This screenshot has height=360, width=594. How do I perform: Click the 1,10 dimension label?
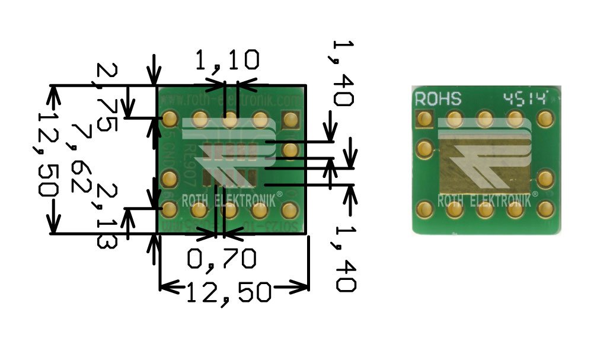pos(227,60)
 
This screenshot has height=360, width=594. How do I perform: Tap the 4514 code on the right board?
pos(522,98)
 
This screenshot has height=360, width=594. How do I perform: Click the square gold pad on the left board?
pos(290,120)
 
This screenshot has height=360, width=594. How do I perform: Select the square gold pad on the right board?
pos(424,119)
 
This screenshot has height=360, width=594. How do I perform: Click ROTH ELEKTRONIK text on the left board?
pos(228,200)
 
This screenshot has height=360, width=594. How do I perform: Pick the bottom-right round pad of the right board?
pos(545,208)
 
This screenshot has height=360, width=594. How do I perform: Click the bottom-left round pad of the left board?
pos(169,209)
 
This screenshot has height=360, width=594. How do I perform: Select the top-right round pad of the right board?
pos(545,119)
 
